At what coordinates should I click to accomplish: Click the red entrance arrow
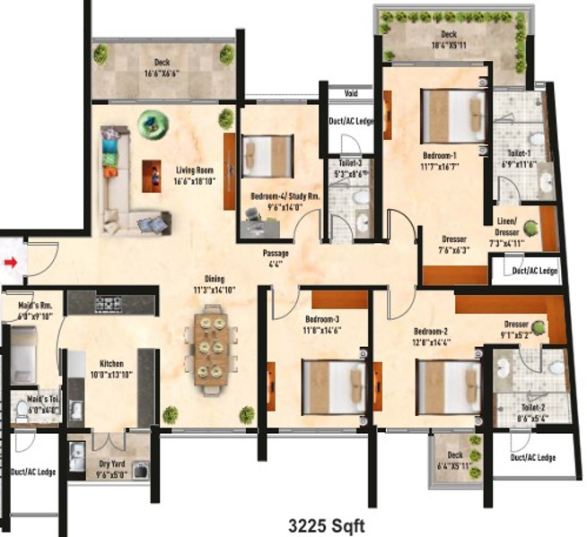[11, 263]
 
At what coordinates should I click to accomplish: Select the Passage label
[276, 258]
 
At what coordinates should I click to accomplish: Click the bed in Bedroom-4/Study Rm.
[267, 154]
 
